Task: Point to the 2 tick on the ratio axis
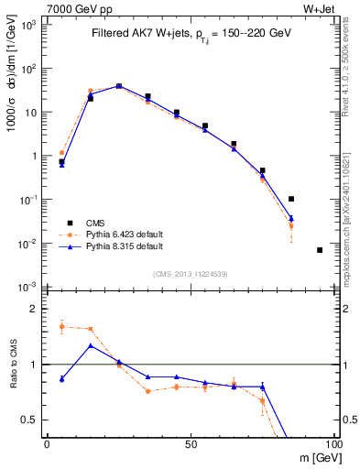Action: [x=37, y=310]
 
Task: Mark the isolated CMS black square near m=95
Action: [x=320, y=249]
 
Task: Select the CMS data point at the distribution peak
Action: [x=119, y=87]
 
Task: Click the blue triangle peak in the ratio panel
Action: [x=91, y=345]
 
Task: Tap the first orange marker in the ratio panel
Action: [x=61, y=326]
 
